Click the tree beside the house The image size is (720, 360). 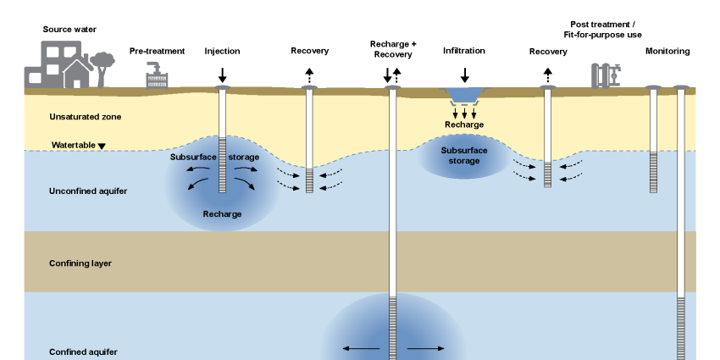(x=102, y=65)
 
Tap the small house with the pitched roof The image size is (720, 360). (x=76, y=75)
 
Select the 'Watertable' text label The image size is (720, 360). (x=73, y=146)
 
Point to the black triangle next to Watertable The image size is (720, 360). (x=102, y=146)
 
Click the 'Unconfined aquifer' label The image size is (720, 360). (x=88, y=191)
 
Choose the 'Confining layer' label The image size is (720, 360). (x=80, y=263)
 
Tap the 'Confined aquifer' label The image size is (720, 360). (x=83, y=352)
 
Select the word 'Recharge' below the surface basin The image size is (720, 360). (x=464, y=125)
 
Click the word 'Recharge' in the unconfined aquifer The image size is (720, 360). (x=222, y=214)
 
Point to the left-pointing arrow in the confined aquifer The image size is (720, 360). (x=361, y=348)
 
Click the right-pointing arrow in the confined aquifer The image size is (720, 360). (x=426, y=348)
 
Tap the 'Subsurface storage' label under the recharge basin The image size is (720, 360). (x=464, y=155)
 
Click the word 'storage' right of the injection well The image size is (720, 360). (x=243, y=157)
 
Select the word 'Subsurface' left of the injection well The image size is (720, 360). (x=192, y=157)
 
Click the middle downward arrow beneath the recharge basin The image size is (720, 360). (x=464, y=113)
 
